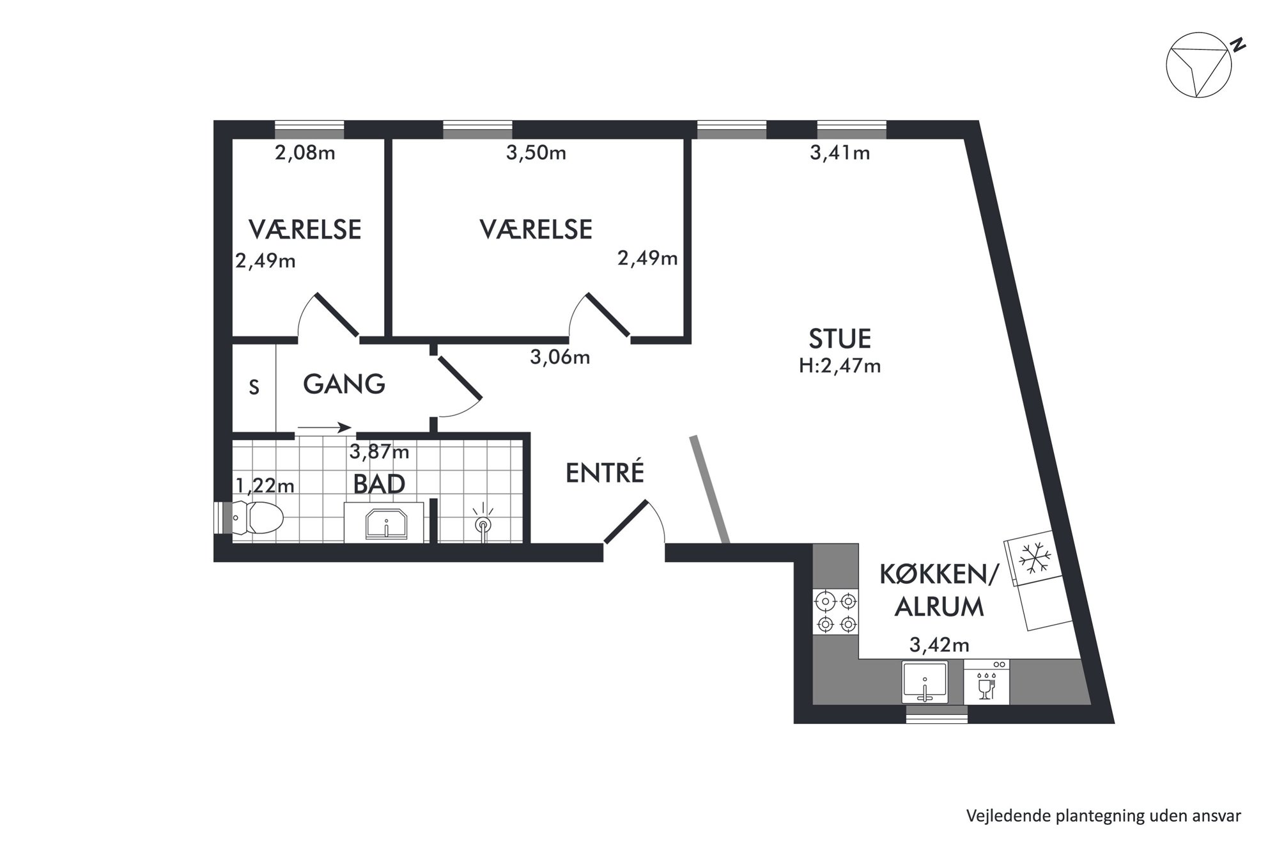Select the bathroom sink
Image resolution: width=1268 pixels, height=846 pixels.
pyautogui.click(x=386, y=524)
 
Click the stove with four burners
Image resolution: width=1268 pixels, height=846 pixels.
pyautogui.click(x=836, y=613)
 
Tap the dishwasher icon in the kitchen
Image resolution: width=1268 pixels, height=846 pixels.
pyautogui.click(x=986, y=682)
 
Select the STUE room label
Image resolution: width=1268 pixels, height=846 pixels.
pyautogui.click(x=840, y=338)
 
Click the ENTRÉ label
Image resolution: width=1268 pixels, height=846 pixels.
pyautogui.click(x=605, y=472)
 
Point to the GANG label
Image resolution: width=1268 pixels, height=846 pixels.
pyautogui.click(x=344, y=384)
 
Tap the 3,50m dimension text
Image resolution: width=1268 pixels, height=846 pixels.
pyautogui.click(x=536, y=153)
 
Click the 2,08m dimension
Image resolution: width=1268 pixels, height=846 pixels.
pyautogui.click(x=305, y=153)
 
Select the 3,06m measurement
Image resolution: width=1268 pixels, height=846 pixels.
pyautogui.click(x=560, y=357)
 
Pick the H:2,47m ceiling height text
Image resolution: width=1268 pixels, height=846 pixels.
pyautogui.click(x=840, y=366)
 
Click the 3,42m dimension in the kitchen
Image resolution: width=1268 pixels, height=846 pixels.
pyautogui.click(x=939, y=645)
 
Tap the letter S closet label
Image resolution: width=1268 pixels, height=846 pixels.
pyautogui.click(x=254, y=388)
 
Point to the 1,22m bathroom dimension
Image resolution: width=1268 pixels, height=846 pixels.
pyautogui.click(x=265, y=486)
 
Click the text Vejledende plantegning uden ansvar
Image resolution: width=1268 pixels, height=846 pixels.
pyautogui.click(x=1104, y=817)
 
